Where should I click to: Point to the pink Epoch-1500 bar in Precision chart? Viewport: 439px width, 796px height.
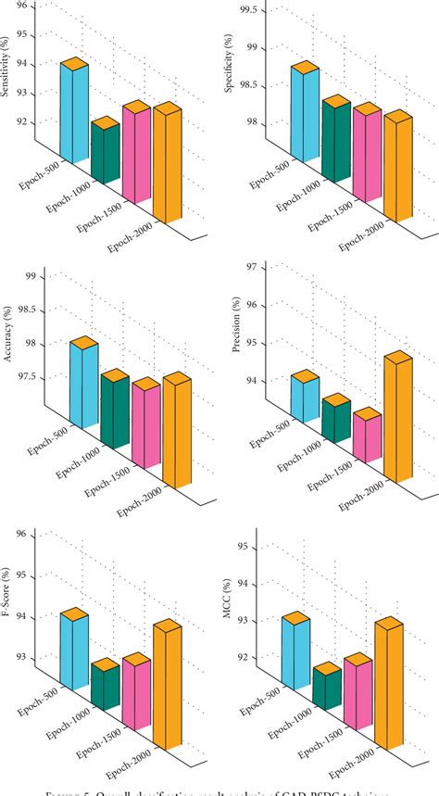(x=367, y=437)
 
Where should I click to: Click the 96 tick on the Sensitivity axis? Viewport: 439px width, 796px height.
(x=27, y=6)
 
